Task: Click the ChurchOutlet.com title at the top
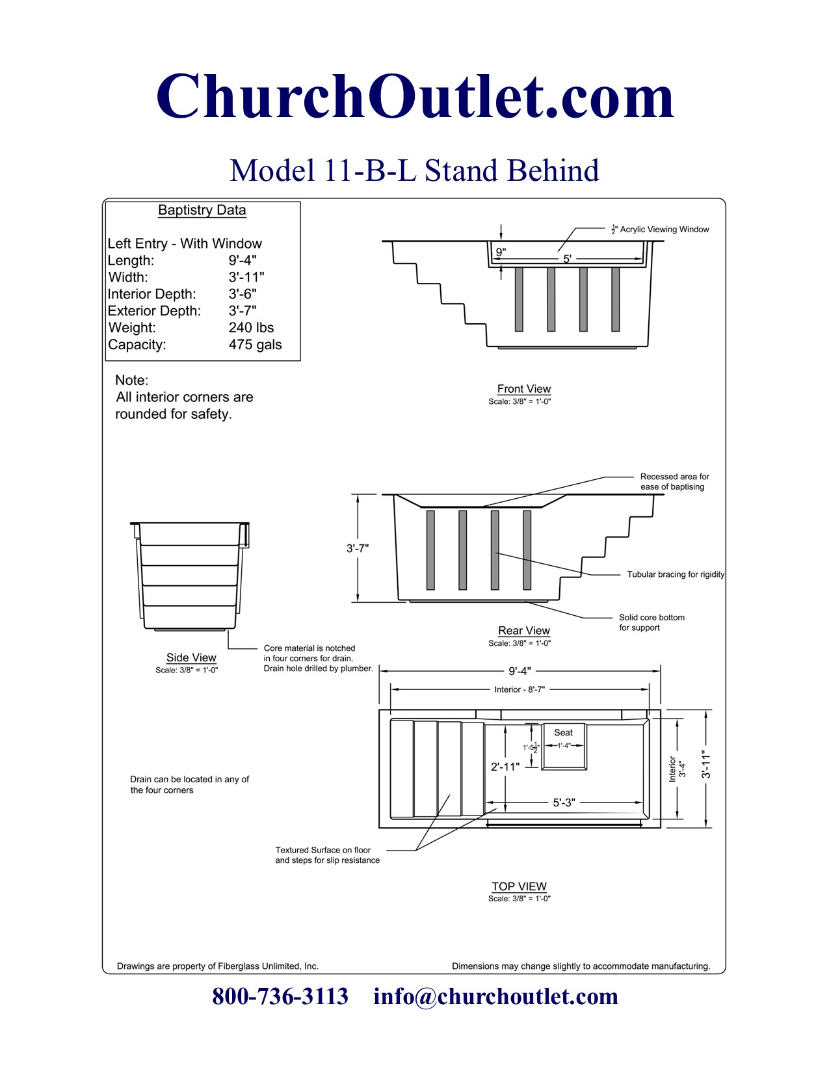pos(415,98)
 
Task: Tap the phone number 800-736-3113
pos(280,996)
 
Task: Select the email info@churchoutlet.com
pos(495,996)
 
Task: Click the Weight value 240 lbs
pos(251,328)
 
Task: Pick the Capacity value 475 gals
pos(255,345)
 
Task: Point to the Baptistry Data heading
pos(202,210)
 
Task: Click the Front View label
pos(523,389)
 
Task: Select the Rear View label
pos(523,631)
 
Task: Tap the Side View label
pos(191,657)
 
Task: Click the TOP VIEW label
pos(519,886)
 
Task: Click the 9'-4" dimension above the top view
pos(520,671)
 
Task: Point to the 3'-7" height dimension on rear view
pos(358,548)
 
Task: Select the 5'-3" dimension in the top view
pos(564,802)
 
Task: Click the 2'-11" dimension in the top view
pos(505,767)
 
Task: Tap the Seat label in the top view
pos(563,732)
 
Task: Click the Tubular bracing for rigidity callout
pos(676,574)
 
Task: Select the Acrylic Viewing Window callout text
pos(664,230)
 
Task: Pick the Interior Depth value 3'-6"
pos(243,294)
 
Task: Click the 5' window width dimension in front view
pos(567,259)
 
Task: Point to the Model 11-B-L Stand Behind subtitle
pos(414,170)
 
